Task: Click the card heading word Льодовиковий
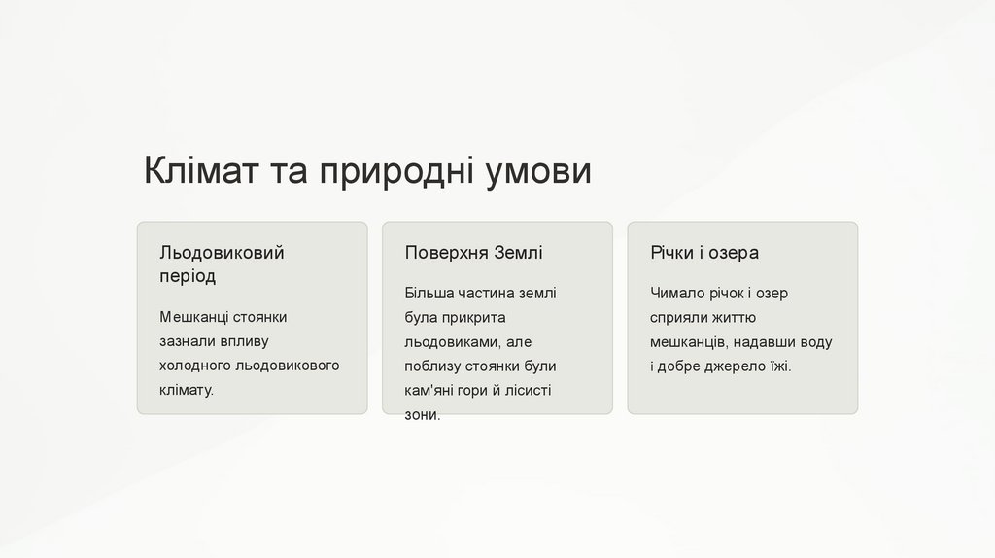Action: pos(222,253)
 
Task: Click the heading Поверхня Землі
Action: pos(473,253)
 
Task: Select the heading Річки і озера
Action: pos(704,253)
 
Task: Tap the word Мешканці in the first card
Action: pos(194,317)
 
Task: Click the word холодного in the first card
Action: pos(194,366)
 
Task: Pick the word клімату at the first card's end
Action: pos(187,390)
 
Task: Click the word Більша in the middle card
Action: pos(429,294)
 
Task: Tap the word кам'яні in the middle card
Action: pos(429,391)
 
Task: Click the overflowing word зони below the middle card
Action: pos(423,415)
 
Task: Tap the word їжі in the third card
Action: pos(781,366)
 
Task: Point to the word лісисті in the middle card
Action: pos(528,391)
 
